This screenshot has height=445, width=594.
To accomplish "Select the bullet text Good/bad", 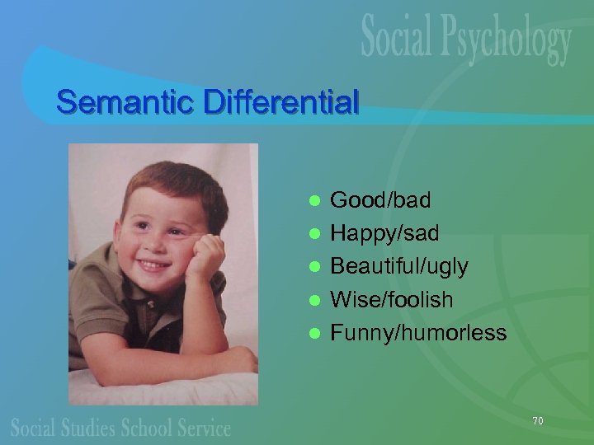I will [379, 199].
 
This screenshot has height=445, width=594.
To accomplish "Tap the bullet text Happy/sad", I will [384, 233].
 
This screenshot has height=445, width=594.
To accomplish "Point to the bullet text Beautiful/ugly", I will [399, 266].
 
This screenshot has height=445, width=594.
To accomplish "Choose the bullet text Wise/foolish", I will [392, 299].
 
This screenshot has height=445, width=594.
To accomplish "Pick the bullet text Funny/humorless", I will [418, 332].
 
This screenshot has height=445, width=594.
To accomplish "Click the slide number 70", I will [537, 421].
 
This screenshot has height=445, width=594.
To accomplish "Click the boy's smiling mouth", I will [153, 265].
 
